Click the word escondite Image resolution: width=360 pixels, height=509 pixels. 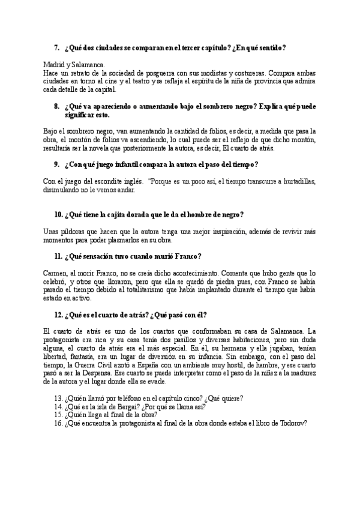click(115, 181)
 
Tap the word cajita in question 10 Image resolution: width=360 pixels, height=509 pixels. click(117, 214)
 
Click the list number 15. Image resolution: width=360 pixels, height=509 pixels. click(58, 414)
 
